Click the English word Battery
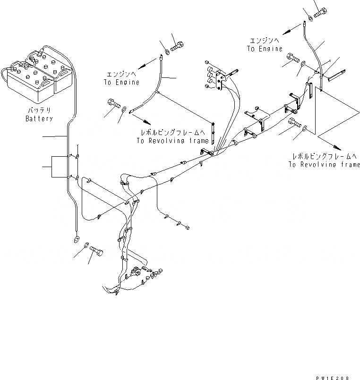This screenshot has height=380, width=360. point(39,119)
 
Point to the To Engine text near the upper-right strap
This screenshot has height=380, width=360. point(265,49)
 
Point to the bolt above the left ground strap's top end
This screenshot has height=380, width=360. point(178,46)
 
